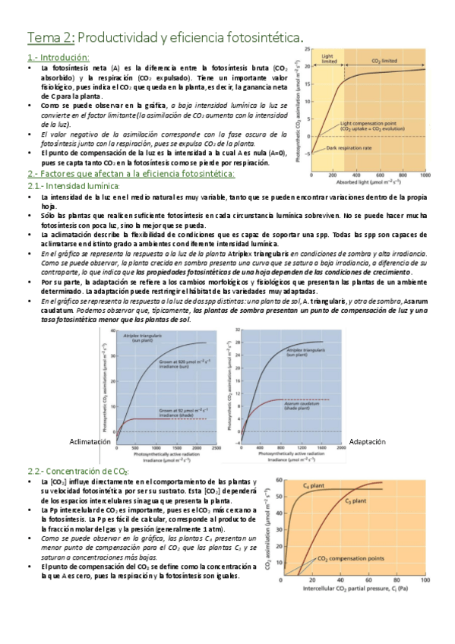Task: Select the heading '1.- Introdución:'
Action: click(x=58, y=57)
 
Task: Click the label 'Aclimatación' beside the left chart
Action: click(x=90, y=441)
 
